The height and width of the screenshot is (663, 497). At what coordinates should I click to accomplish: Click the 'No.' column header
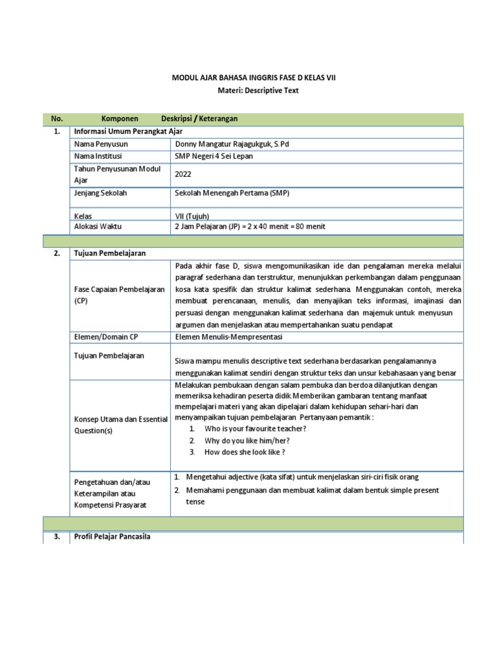coord(57,119)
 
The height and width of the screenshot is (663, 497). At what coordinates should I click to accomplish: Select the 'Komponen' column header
coord(120,119)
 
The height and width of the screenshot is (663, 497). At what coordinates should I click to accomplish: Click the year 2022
coord(183,174)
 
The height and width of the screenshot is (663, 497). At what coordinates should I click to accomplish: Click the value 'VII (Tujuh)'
coord(192,216)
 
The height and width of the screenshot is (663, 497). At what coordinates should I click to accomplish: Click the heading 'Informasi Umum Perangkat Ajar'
coord(125,131)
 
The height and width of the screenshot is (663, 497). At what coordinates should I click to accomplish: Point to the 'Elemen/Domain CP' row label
coord(106,336)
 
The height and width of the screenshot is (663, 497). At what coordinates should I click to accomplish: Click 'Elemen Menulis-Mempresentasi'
coord(228,336)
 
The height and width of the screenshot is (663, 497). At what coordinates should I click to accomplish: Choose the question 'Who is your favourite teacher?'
coord(255,429)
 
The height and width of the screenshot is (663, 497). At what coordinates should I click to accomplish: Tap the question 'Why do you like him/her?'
coord(247,440)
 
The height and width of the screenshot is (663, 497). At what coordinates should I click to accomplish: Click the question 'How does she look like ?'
coord(245,452)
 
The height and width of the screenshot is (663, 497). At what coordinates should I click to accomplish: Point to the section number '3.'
coord(57,537)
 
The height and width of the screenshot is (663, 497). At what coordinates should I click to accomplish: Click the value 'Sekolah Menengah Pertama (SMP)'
coord(232,192)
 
